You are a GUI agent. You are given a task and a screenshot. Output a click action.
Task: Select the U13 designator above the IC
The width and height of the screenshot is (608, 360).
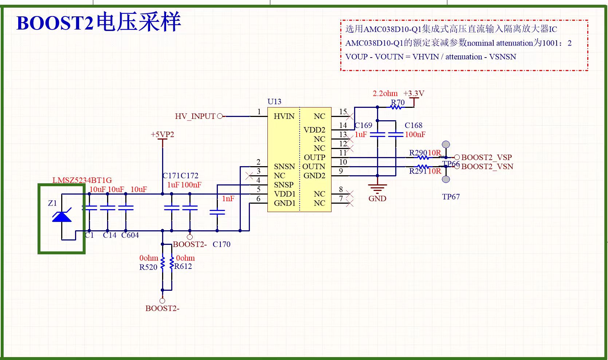[274, 102]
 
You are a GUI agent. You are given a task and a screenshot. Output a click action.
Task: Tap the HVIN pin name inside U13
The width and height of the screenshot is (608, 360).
[284, 116]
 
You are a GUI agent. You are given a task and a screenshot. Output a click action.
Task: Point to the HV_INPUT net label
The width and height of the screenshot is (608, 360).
[195, 117]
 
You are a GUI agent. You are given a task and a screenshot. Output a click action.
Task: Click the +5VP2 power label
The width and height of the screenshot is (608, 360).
[162, 134]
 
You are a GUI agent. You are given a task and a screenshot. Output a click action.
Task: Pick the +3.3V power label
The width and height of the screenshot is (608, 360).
[414, 93]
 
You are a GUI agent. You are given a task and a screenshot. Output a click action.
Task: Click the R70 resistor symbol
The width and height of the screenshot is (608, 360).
[396, 107]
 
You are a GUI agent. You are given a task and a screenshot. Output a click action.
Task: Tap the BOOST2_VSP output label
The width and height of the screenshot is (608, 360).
[487, 157]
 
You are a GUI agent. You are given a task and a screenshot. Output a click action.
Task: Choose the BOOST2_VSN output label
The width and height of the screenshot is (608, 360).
[487, 167]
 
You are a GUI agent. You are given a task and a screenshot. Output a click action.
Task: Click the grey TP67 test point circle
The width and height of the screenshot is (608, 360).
[446, 179]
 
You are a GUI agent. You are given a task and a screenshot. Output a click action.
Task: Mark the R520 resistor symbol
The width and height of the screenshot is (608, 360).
[162, 263]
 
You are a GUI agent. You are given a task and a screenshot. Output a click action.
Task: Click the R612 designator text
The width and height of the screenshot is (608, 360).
[183, 266]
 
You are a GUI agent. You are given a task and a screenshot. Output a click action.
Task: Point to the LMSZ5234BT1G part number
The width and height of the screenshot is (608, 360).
[82, 180]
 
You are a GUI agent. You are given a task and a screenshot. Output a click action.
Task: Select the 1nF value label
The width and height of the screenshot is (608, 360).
[228, 199]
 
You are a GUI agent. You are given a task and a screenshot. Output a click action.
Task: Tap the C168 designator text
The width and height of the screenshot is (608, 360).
[413, 125]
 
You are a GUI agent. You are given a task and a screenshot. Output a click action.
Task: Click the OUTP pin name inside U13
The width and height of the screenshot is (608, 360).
[314, 157]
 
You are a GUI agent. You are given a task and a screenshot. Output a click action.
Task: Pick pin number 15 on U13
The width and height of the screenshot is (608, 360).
[343, 111]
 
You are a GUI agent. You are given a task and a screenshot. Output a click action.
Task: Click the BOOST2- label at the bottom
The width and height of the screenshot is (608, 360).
[162, 308]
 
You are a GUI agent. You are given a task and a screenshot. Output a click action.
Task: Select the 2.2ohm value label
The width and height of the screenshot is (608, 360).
[385, 93]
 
